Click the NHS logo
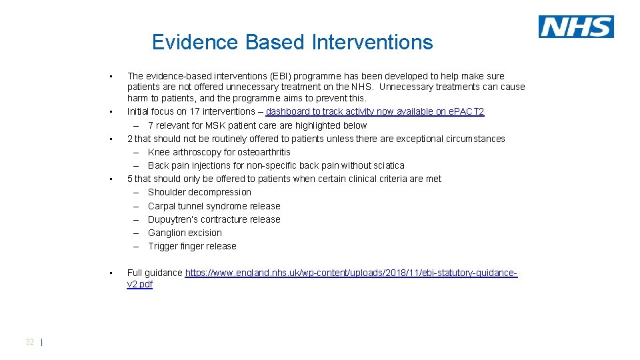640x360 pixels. [576, 27]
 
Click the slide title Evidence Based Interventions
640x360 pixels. [292, 42]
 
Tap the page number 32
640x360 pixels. [29, 341]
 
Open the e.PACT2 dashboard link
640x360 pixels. [375, 111]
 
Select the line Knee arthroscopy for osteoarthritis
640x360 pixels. [209, 152]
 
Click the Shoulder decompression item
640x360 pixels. [199, 192]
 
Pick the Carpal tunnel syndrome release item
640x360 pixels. [214, 206]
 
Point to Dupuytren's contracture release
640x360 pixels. [214, 219]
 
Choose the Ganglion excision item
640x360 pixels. [185, 233]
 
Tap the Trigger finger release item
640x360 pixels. [192, 246]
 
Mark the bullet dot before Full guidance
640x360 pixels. [112, 273]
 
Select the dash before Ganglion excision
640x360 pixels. [135, 233]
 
